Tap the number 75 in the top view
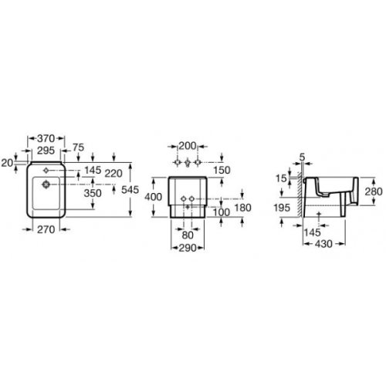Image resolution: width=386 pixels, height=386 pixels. (78, 149)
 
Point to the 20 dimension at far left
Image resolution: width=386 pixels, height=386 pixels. (7, 162)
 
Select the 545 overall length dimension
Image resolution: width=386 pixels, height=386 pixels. (131, 188)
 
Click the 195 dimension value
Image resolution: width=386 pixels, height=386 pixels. (283, 208)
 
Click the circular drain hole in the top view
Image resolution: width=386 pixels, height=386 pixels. (46, 185)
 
